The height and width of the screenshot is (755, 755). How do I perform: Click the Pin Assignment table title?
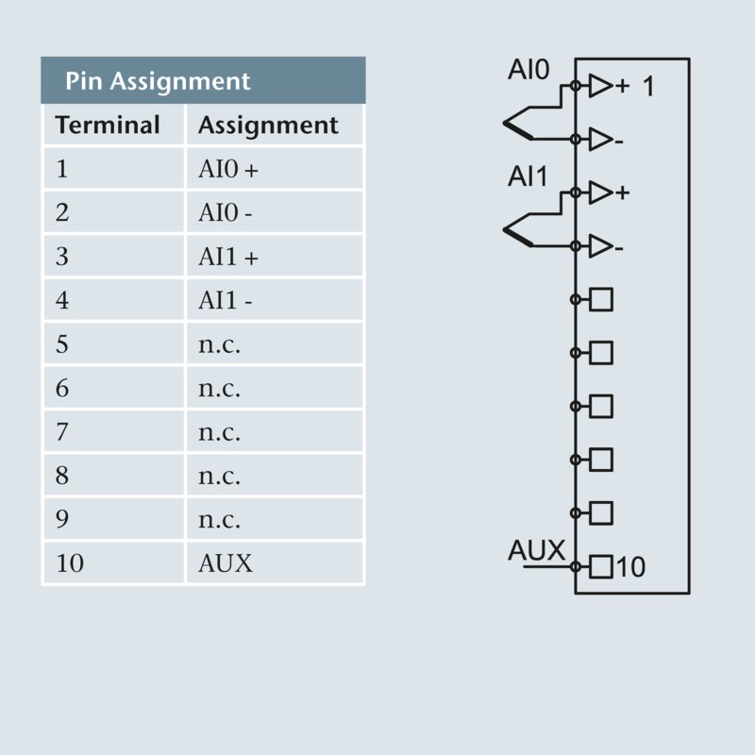click(158, 81)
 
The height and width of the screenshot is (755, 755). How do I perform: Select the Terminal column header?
click(108, 125)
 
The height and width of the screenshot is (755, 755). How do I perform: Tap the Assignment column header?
click(268, 125)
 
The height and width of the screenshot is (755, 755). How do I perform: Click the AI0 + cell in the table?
click(227, 170)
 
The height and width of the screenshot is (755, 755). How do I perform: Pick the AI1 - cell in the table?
click(226, 301)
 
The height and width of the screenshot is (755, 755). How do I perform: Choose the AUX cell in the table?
click(226, 563)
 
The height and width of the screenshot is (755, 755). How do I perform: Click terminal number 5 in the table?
click(62, 344)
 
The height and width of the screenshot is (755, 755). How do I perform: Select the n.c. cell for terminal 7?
click(219, 432)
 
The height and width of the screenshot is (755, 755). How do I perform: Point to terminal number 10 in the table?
click(70, 563)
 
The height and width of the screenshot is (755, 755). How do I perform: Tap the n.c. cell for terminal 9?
click(219, 520)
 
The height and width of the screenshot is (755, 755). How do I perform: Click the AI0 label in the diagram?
click(528, 71)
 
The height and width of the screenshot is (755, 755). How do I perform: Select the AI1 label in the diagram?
click(528, 176)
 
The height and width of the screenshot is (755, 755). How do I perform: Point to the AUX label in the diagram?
click(536, 550)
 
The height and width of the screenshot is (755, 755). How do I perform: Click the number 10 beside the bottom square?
click(631, 567)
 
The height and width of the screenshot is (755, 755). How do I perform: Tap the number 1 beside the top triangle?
click(647, 87)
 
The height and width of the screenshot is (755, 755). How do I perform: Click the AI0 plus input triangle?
click(600, 87)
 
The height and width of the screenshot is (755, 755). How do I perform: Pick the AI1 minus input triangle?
click(600, 246)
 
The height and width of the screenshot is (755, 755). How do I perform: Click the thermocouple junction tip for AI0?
click(505, 122)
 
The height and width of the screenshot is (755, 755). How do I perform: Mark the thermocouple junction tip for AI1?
click(505, 228)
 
